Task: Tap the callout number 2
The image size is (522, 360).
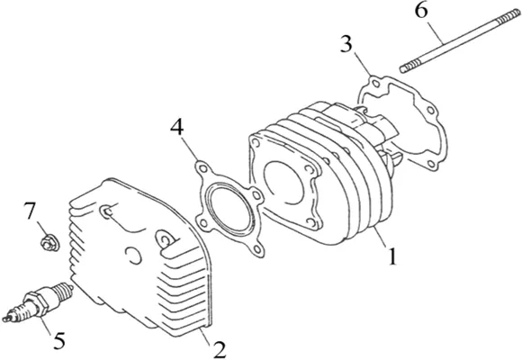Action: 220,349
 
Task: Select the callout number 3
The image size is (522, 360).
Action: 346,43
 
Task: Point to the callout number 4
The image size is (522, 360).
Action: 177,127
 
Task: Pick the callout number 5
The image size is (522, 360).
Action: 59,340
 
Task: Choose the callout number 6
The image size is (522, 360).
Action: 421,12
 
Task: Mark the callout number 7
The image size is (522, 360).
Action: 30,211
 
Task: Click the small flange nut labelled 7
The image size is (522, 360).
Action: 49,242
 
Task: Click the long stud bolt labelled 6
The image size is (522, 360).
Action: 461,41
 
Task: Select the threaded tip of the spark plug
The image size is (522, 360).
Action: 65,290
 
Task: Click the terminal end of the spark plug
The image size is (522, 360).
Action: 7,318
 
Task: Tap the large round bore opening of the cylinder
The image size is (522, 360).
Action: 283,183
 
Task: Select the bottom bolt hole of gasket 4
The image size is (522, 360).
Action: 257,248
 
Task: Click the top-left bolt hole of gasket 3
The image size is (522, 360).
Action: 375,83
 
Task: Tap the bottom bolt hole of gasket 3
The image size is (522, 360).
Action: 431,164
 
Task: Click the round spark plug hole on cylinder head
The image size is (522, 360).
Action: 133,256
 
